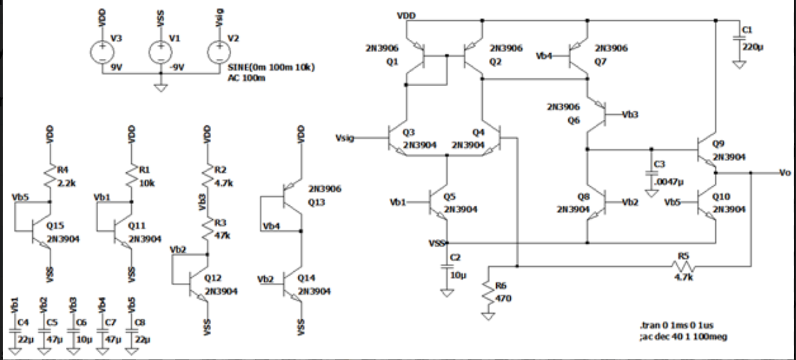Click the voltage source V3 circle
click(102, 51)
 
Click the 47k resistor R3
click(207, 228)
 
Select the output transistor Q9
click(707, 149)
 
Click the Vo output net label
click(785, 172)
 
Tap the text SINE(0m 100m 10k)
click(270, 67)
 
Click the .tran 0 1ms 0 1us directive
click(672, 327)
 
